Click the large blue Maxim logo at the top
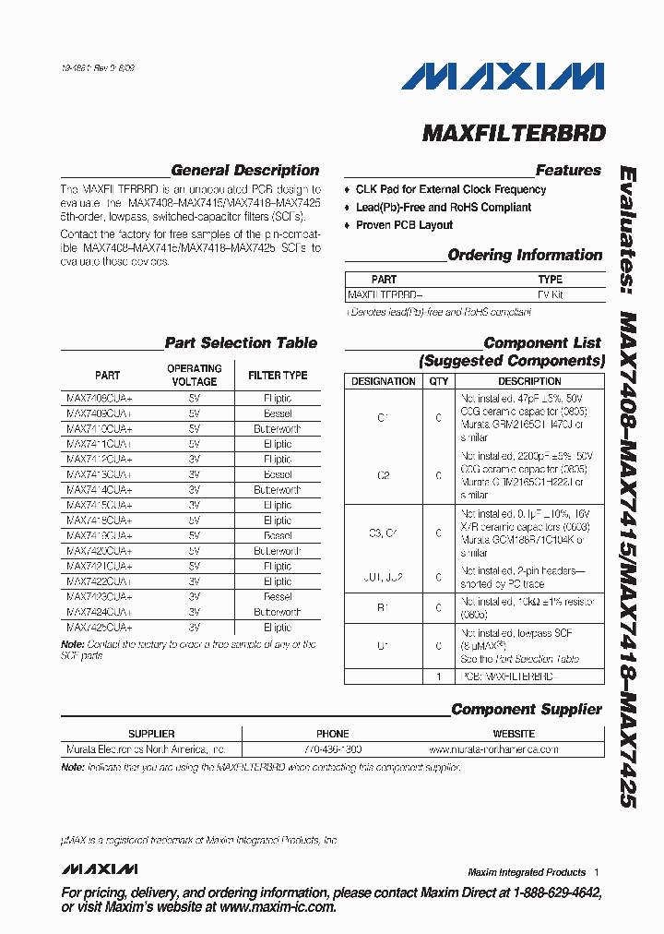pyautogui.click(x=503, y=77)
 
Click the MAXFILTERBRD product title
pyautogui.click(x=514, y=133)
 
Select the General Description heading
pyautogui.click(x=244, y=171)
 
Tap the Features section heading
pyautogui.click(x=568, y=171)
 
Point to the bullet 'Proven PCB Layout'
pyautogui.click(x=404, y=225)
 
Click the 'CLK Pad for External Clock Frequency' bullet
pyautogui.click(x=450, y=189)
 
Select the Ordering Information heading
pyautogui.click(x=524, y=256)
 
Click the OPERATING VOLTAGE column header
pyautogui.click(x=195, y=376)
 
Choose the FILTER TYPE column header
pyautogui.click(x=278, y=376)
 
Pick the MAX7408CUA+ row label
pyautogui.click(x=100, y=399)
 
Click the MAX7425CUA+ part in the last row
pyautogui.click(x=100, y=627)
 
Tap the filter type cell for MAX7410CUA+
pyautogui.click(x=278, y=429)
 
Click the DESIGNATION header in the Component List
pyautogui.click(x=384, y=381)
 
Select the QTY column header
pyautogui.click(x=438, y=381)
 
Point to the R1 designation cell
pyautogui.click(x=384, y=608)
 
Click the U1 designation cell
pyautogui.click(x=384, y=646)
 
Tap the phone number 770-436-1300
pyautogui.click(x=333, y=749)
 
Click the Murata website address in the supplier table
pyautogui.click(x=493, y=749)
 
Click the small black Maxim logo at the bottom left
pyautogui.click(x=100, y=869)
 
